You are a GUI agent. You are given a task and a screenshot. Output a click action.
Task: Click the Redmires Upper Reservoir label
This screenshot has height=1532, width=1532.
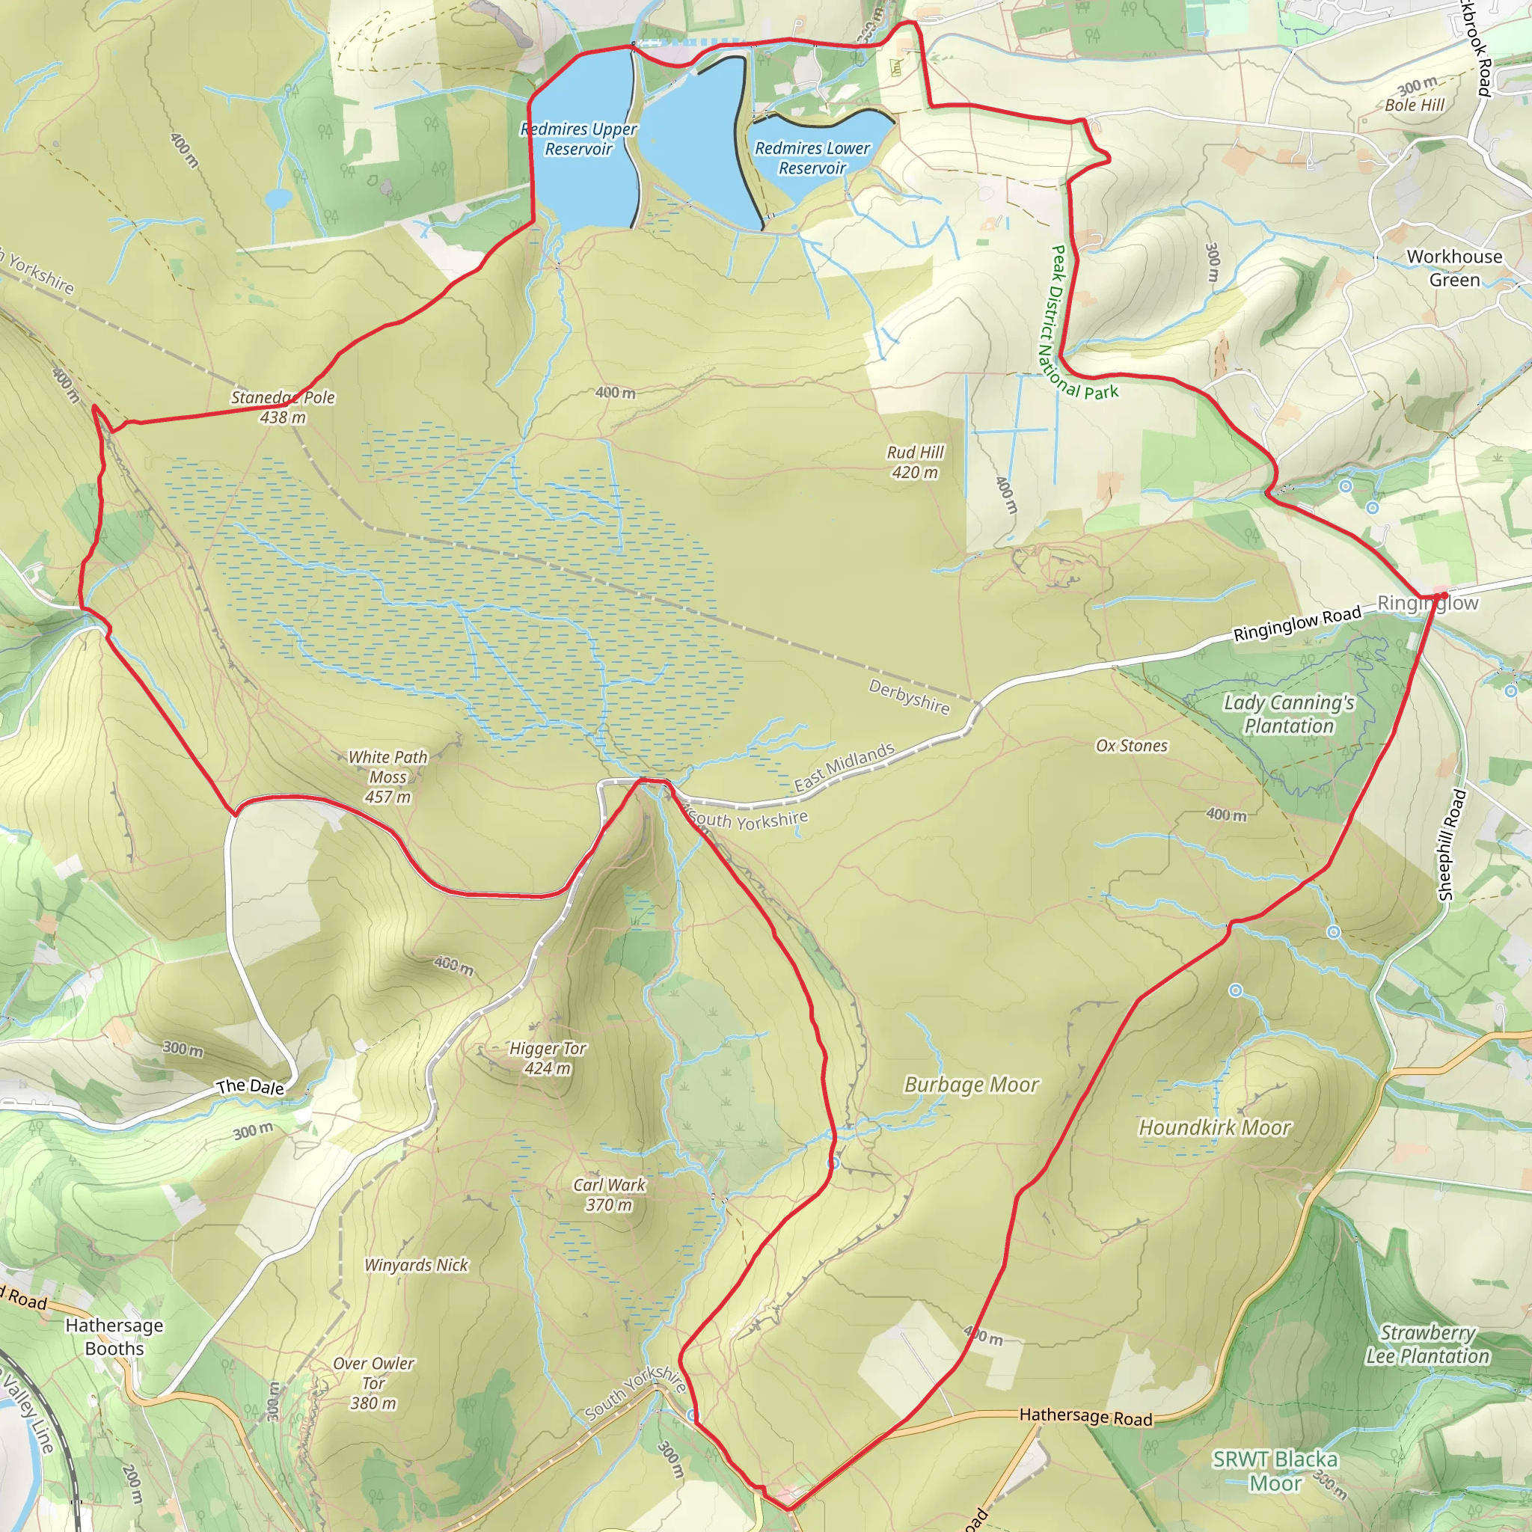[579, 139]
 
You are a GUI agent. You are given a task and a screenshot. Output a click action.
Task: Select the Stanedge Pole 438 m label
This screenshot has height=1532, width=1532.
[283, 407]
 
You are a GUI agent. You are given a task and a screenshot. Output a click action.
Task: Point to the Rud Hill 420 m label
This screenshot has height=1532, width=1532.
[915, 462]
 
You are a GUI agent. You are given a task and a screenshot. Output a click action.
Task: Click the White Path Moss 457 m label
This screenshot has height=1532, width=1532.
[387, 776]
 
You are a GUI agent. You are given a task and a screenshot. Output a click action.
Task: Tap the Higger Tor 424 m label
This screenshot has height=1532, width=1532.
[547, 1058]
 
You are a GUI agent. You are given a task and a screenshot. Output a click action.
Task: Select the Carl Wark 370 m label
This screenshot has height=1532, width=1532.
[609, 1194]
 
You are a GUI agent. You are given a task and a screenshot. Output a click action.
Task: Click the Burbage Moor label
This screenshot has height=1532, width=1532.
[972, 1085]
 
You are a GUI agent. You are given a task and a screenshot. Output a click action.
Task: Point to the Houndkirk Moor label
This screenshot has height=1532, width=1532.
[1215, 1127]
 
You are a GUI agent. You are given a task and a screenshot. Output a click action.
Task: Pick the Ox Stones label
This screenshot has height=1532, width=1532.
[1132, 745]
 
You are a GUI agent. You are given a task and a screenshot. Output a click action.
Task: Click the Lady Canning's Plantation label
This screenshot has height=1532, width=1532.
[1289, 714]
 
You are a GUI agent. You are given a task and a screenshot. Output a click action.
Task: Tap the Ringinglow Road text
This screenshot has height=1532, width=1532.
[1297, 623]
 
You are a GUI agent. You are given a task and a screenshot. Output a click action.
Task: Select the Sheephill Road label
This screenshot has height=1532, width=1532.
[1452, 845]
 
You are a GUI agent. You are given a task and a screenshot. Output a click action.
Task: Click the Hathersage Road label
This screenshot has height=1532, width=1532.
[1085, 1416]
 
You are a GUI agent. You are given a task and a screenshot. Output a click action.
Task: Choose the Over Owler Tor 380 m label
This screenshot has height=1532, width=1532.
[373, 1383]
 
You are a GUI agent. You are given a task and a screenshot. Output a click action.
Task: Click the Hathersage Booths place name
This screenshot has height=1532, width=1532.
[114, 1336]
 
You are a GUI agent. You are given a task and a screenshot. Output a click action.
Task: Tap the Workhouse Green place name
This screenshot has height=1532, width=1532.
[1454, 268]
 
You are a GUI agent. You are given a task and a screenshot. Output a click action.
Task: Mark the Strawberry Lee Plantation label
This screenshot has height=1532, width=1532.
[1427, 1344]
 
